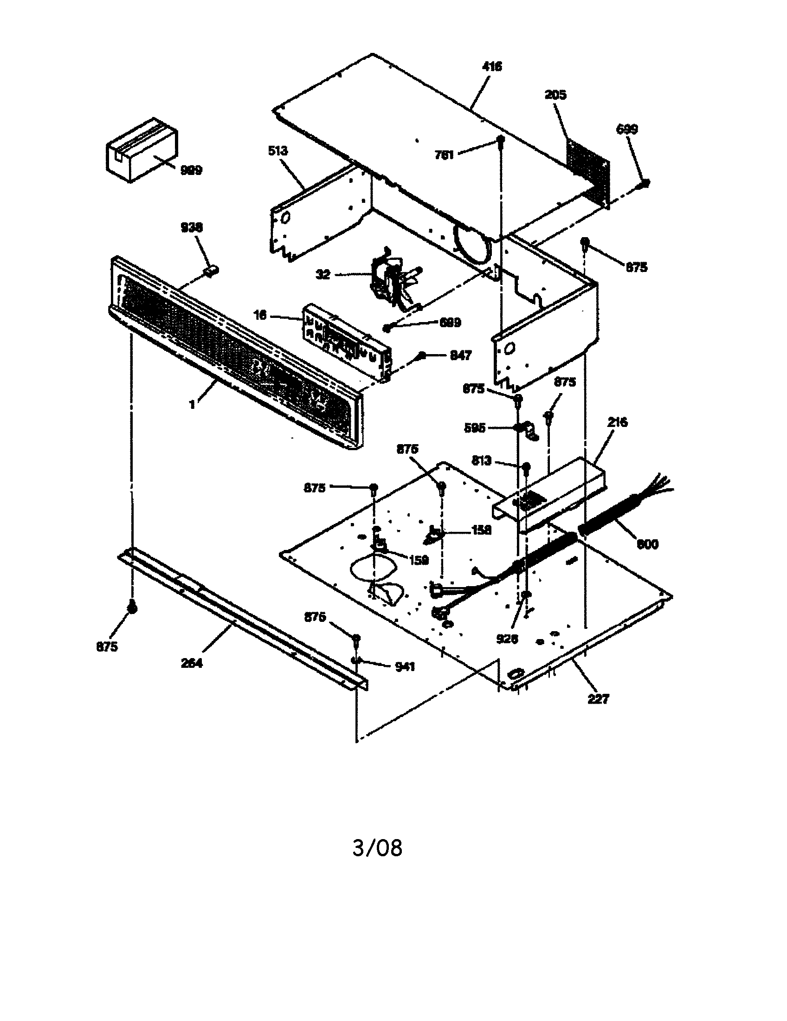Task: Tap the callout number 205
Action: point(555,95)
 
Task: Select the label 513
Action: point(278,151)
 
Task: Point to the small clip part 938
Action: point(212,271)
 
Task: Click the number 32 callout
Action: point(323,274)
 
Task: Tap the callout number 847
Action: point(460,356)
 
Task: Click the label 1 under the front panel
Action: point(192,404)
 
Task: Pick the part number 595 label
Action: point(475,428)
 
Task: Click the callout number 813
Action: point(481,461)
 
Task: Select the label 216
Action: point(617,422)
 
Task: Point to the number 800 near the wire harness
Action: point(647,544)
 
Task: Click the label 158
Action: point(481,530)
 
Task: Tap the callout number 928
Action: point(507,639)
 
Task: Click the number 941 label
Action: point(405,667)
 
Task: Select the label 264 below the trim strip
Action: point(192,663)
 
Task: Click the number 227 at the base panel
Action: point(598,699)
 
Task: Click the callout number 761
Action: point(444,155)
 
